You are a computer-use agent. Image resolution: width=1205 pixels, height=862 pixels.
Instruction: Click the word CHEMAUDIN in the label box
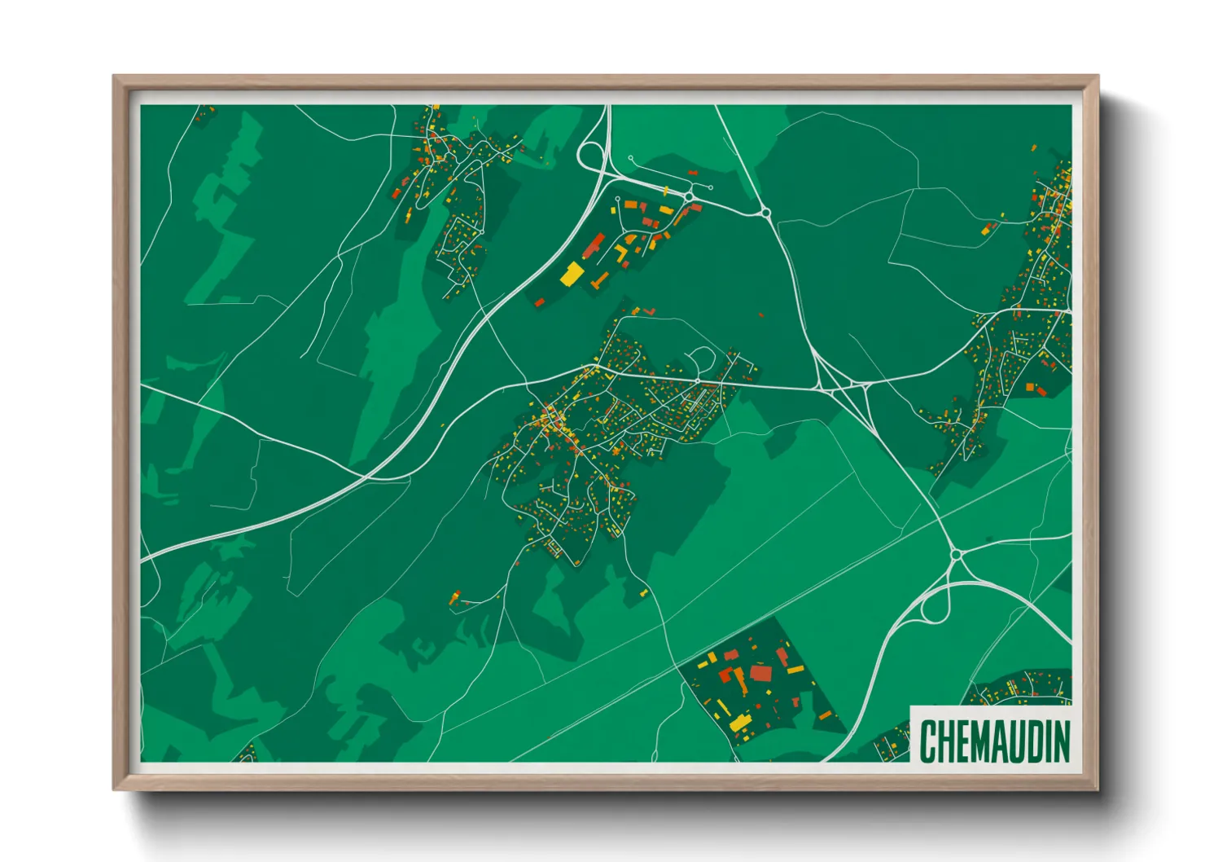994,741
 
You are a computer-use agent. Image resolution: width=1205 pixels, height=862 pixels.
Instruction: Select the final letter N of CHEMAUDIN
1061,741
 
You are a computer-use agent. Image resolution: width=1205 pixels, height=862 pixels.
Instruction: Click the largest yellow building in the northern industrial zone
572,274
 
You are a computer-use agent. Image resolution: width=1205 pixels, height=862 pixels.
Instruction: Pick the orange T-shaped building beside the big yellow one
601,280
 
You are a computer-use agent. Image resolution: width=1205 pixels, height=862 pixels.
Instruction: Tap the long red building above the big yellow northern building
594,244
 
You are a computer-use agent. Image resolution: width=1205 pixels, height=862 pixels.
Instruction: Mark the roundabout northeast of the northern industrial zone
765,213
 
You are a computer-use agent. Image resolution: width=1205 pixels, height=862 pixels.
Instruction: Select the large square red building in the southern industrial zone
760,673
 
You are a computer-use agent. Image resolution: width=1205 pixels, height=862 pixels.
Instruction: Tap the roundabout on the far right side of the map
957,555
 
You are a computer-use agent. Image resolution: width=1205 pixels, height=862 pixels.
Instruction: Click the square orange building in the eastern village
1030,387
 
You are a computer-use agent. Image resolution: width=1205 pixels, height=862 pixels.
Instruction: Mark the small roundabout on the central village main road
698,381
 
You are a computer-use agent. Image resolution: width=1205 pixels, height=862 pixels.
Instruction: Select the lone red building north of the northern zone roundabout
693,174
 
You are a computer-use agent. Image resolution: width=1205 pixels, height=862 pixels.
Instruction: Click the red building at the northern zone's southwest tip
538,302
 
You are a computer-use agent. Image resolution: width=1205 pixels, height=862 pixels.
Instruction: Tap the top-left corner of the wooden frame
116,78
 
